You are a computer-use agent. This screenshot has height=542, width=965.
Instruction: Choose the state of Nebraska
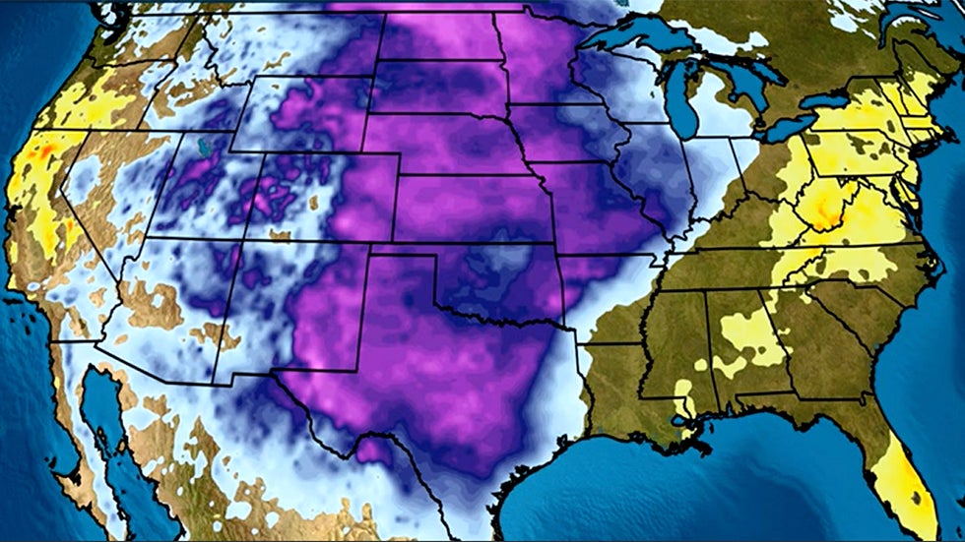(443, 148)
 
